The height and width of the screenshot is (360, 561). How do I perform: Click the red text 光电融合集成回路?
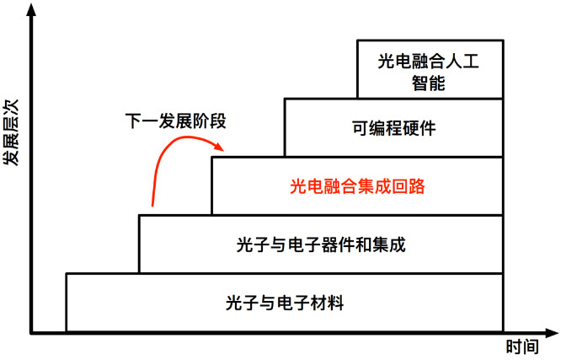pos(358,185)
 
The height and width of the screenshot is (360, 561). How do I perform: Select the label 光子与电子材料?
pos(286,302)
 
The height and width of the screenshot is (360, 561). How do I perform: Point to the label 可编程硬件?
pos(394,128)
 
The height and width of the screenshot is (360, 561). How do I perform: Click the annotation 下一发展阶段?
pos(171,121)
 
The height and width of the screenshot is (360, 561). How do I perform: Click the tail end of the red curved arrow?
pos(152,205)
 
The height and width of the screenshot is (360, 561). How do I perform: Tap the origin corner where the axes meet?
pos(33,332)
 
